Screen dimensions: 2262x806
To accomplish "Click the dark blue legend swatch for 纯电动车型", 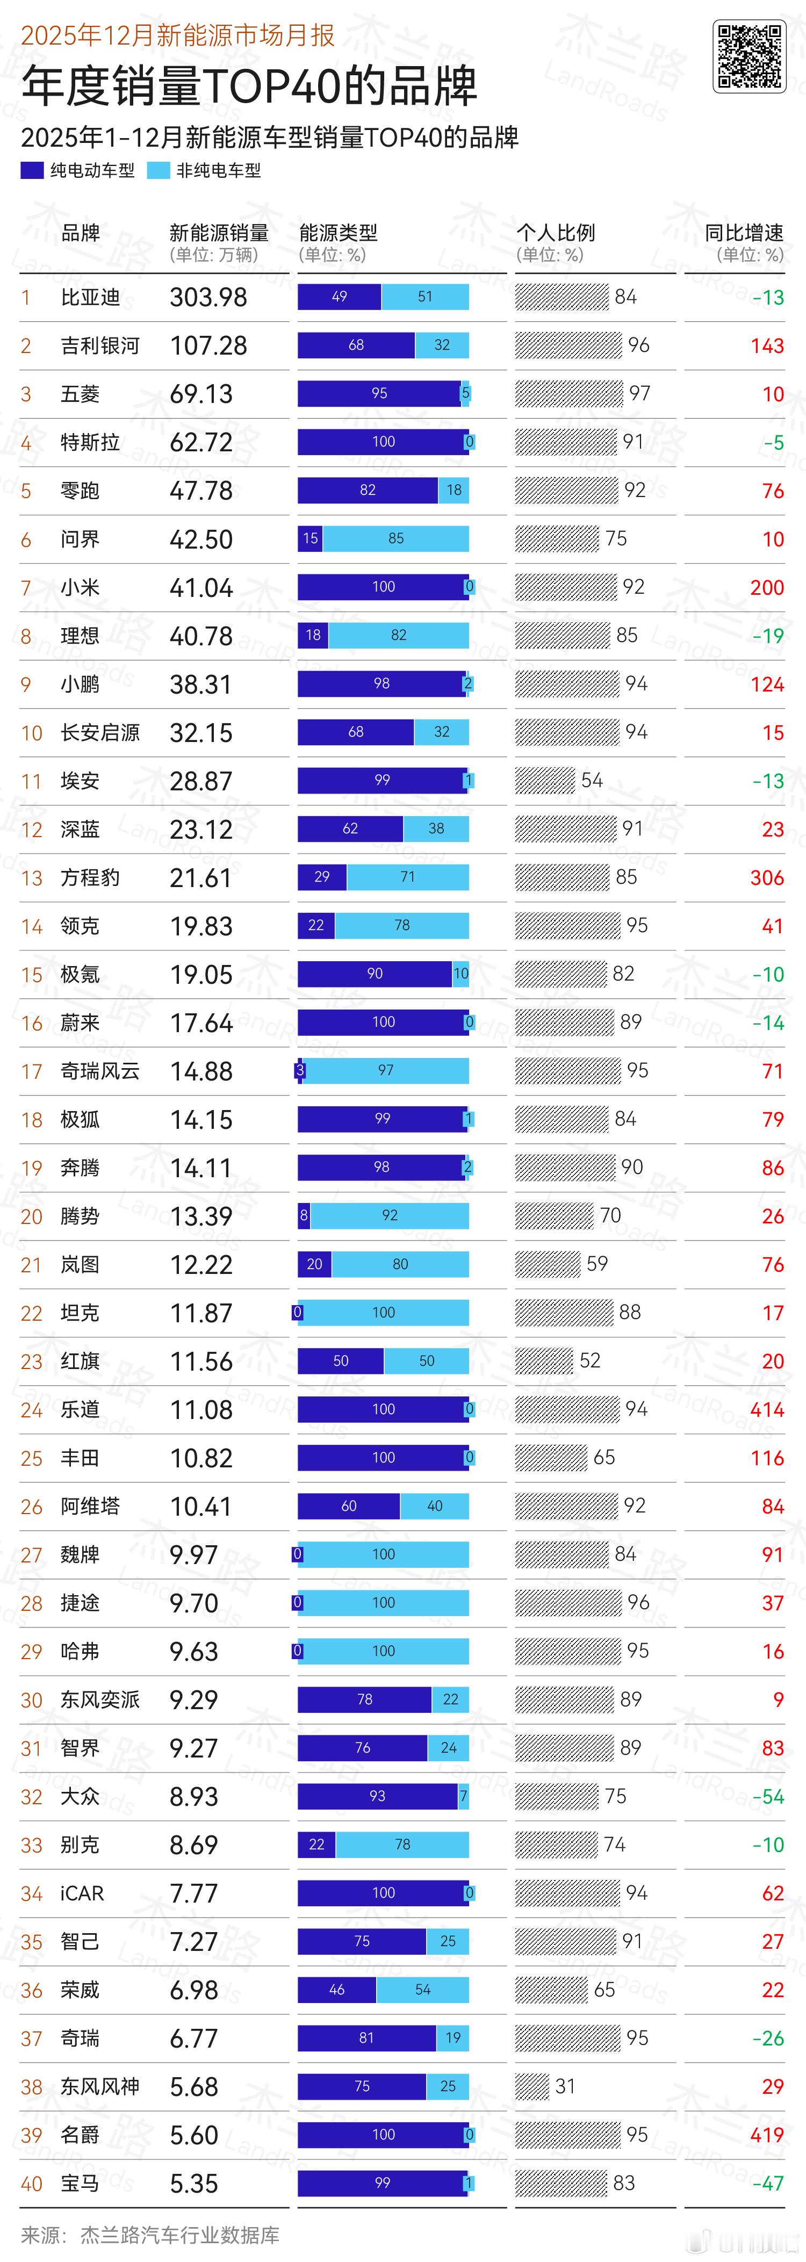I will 32,170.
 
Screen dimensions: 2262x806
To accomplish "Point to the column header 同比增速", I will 744,233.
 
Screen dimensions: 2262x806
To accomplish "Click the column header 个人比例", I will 555,233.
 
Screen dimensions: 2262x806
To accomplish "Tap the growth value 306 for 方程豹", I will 766,878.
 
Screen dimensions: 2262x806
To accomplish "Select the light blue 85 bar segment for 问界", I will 396,538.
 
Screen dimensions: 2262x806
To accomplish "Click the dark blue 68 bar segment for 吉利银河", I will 356,345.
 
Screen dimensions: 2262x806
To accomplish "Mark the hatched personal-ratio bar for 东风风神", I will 532,2086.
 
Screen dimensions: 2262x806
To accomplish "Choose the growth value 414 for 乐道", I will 766,1409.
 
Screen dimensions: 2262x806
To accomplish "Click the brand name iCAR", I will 82,1893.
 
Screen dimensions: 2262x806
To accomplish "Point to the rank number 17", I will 32,1071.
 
